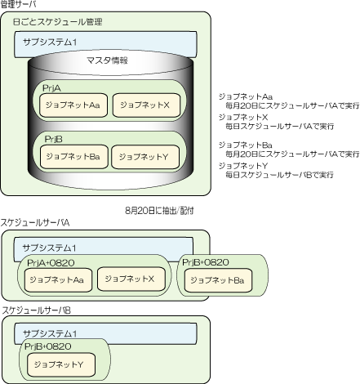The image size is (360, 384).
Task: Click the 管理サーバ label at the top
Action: point(18,4)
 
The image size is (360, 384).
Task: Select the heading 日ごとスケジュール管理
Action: point(57,22)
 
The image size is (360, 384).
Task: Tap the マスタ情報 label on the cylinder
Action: point(107,60)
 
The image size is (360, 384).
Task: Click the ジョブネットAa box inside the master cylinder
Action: point(73,105)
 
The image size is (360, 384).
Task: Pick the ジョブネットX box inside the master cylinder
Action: point(146,105)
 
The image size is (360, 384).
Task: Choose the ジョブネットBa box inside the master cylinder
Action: point(74,157)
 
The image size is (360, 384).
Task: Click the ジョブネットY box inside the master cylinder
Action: point(145,157)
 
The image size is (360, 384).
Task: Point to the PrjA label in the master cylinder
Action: point(51,88)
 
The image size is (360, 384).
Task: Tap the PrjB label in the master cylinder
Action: point(53,139)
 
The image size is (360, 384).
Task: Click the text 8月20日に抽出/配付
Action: point(159,211)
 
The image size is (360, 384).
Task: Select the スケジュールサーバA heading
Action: point(35,223)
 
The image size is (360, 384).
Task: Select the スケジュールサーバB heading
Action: point(36,310)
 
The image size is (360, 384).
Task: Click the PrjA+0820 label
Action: point(51,263)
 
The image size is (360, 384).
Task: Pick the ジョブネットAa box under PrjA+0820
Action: point(58,280)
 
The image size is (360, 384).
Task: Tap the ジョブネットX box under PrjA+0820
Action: point(131,279)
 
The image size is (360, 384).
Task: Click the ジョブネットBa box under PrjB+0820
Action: point(218,280)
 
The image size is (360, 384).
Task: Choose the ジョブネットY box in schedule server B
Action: point(61,364)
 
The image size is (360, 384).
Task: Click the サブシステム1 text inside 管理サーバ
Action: point(50,42)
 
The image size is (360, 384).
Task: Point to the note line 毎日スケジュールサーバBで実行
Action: point(279,175)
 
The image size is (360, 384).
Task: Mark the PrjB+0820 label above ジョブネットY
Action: point(48,346)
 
